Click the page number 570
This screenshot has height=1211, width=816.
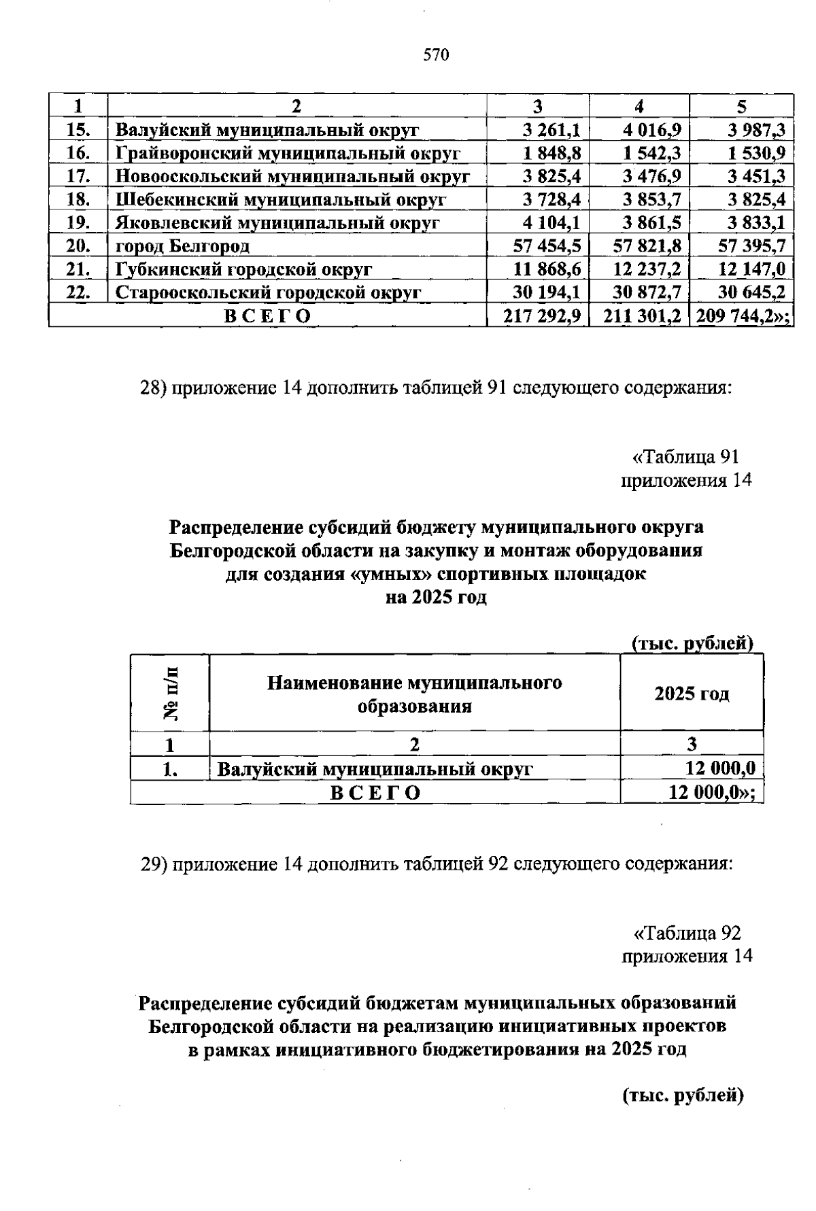[x=436, y=56]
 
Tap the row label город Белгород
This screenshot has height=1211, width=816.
[x=182, y=246]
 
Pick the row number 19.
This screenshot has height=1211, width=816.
[x=79, y=223]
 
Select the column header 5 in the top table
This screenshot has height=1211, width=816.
[x=742, y=107]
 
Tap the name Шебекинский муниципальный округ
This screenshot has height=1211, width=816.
[x=280, y=200]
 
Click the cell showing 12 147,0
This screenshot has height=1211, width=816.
[x=751, y=269]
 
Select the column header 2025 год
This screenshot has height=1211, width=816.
[x=692, y=694]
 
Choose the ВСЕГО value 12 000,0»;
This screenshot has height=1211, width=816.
[x=711, y=792]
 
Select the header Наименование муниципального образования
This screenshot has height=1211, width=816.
[x=414, y=694]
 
